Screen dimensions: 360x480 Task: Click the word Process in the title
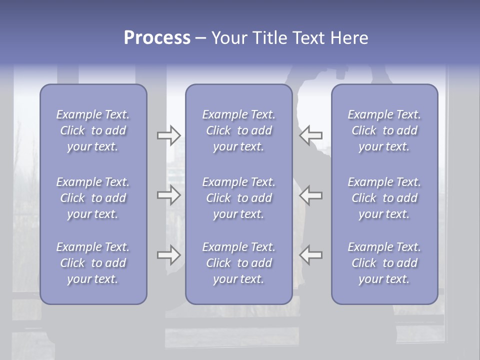157,37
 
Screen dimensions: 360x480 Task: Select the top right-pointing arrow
169,135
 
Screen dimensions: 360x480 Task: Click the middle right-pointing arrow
169,195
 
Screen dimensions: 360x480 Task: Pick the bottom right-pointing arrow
169,255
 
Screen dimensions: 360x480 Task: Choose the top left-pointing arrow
311,135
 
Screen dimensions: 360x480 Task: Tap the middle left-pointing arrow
311,195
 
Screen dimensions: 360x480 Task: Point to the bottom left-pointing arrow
311,255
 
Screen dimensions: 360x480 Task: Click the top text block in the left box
93,130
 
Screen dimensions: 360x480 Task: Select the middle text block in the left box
93,198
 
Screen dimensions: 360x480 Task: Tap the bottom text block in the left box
93,263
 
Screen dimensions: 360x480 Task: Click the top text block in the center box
239,130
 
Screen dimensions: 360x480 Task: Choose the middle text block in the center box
239,198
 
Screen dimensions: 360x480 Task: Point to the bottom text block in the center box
239,263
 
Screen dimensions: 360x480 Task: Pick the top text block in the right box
384,130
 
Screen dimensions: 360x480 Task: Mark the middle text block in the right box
384,198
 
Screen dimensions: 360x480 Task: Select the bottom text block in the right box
384,263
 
